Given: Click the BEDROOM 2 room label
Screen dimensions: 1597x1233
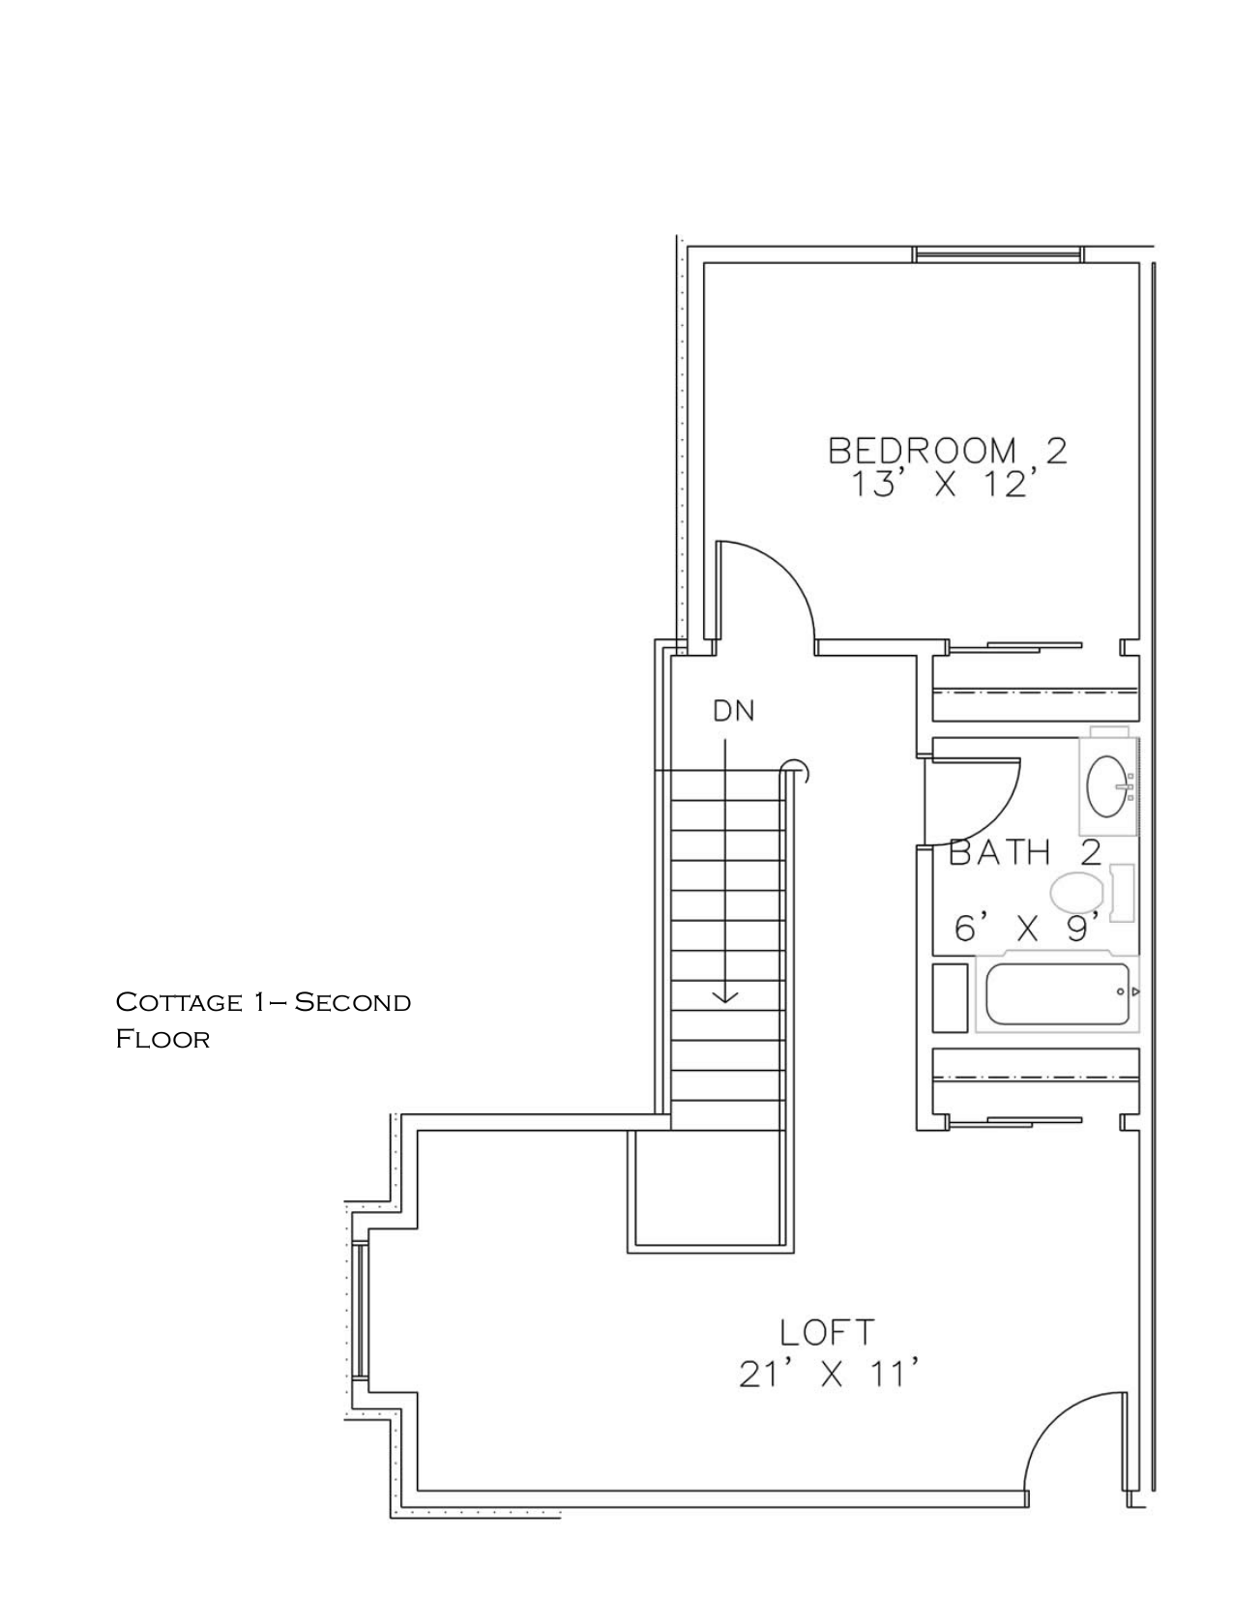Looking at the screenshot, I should (x=947, y=451).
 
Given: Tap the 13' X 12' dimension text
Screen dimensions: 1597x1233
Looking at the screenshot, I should (x=937, y=485).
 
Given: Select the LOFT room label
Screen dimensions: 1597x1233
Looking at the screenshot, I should (x=827, y=1332).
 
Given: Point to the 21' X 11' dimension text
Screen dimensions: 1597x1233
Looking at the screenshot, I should (x=827, y=1375).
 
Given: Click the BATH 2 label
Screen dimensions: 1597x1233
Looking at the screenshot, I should (x=1025, y=853).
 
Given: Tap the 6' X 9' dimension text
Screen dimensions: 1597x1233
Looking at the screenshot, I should (x=1028, y=930).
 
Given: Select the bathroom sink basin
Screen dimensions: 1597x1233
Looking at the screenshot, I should (x=1108, y=786).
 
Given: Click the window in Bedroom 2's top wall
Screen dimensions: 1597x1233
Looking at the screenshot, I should (x=997, y=255).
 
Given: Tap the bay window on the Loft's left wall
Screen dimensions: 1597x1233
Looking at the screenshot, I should (x=358, y=1310).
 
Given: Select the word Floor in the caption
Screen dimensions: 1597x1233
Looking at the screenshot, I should (x=162, y=1040).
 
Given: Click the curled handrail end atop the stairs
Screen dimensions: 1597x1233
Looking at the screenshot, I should (x=796, y=770).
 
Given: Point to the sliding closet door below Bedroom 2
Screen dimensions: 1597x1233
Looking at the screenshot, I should (x=1015, y=645).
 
